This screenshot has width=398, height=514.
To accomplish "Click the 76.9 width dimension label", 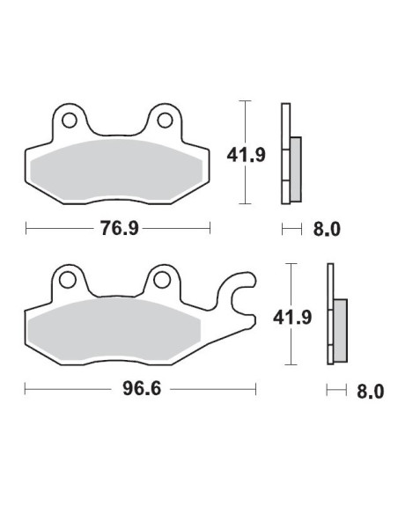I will click(x=116, y=229).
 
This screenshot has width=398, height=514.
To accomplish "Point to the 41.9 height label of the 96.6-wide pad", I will click(x=304, y=313).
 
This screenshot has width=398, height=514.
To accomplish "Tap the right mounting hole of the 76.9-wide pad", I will click(x=163, y=118).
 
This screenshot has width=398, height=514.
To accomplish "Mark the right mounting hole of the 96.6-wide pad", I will click(x=160, y=280).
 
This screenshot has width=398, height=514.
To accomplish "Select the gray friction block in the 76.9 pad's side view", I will click(x=295, y=167).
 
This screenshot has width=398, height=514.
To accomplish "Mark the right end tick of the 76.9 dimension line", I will click(x=210, y=229).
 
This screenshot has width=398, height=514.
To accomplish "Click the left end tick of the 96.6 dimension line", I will click(x=26, y=388).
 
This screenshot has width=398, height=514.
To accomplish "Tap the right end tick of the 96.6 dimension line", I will click(x=255, y=388).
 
